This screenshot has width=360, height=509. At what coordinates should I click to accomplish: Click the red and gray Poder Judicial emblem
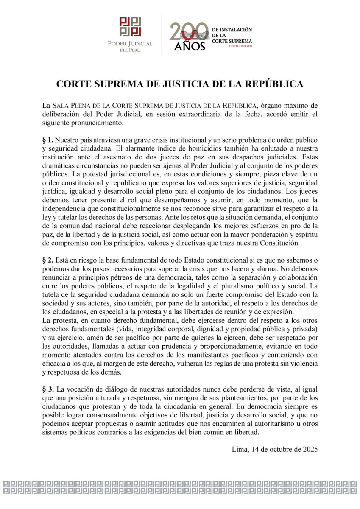point(130,27)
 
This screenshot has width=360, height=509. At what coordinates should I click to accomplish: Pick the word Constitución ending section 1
point(279,243)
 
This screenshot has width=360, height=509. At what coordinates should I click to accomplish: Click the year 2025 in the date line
point(309,448)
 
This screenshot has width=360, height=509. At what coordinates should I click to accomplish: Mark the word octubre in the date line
point(278,448)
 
